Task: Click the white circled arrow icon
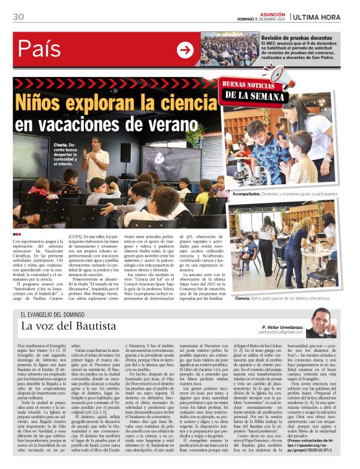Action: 185,50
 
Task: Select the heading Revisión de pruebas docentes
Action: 296,38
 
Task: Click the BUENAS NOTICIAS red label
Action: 248,86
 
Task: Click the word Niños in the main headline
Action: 44,102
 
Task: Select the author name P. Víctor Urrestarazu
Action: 285,326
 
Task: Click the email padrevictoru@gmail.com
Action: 285,333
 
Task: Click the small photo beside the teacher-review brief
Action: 240,50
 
